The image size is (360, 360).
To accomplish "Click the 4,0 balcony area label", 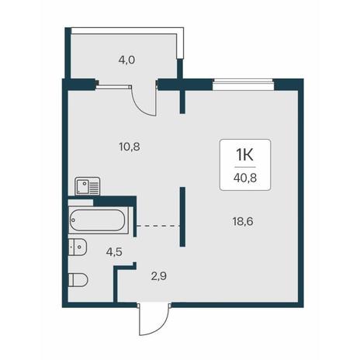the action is click(126, 61).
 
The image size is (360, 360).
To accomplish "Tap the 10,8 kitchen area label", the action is click(130, 147).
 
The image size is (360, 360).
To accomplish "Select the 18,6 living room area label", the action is click(243, 221).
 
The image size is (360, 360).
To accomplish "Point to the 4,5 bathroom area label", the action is click(114, 251).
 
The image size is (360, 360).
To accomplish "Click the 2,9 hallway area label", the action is click(159, 276).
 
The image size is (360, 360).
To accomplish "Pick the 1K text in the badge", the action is click(244, 155).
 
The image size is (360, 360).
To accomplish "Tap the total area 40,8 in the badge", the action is click(245, 178).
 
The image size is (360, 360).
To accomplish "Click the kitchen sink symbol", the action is click(87, 186).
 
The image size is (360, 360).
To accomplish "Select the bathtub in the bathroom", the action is click(99, 220).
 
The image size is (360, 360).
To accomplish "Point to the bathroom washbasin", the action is click(78, 247).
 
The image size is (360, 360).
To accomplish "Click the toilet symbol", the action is click(78, 280).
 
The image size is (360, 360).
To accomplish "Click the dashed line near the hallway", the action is click(158, 226).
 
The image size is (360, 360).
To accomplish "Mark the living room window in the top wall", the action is click(243, 85).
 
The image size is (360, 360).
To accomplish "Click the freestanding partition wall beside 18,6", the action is click(182, 216).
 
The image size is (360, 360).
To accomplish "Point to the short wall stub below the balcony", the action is click(182, 102).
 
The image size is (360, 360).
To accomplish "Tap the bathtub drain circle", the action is click(73, 220).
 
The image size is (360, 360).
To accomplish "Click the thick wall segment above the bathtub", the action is click(115, 201).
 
